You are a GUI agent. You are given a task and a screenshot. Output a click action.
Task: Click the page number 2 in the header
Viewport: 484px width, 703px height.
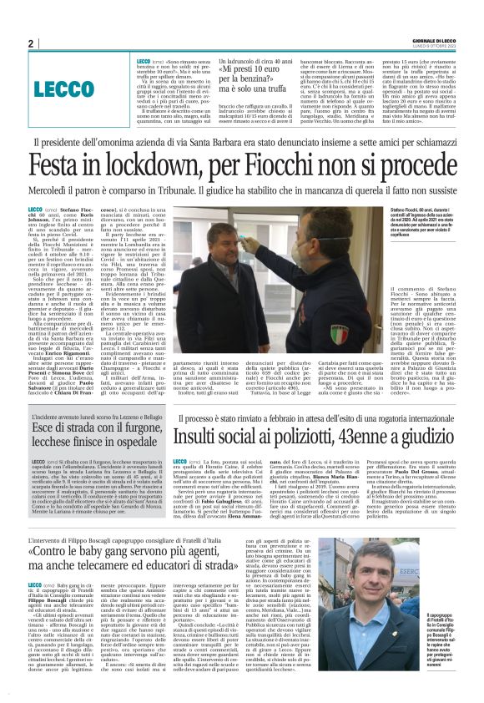30,43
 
